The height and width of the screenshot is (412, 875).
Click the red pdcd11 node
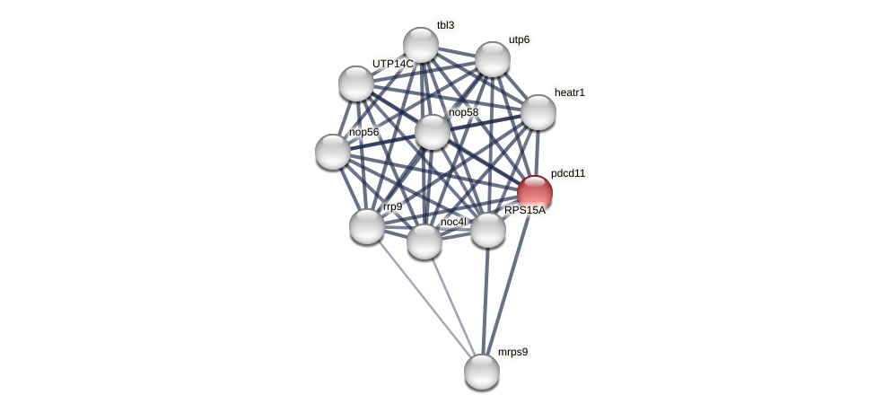(x=535, y=192)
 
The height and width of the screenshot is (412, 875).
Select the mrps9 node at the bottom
(x=482, y=371)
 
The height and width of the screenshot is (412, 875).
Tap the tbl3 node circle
(x=421, y=45)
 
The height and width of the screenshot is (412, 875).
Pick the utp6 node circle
(x=493, y=59)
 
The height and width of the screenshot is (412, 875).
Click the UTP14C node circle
(x=356, y=83)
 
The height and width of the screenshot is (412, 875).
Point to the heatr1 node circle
(x=538, y=112)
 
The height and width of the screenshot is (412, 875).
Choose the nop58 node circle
(x=433, y=132)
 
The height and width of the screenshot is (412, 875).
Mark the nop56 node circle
(x=333, y=152)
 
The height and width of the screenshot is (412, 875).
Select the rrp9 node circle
(x=367, y=226)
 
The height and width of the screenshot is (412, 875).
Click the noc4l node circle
(x=424, y=241)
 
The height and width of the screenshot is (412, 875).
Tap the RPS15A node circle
(x=488, y=230)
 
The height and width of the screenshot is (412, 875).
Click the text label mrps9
(x=512, y=352)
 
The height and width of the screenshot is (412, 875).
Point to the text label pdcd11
(x=568, y=173)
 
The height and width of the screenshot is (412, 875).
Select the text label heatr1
(x=570, y=92)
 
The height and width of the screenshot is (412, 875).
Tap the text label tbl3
(x=445, y=25)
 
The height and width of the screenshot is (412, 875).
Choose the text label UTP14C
(x=393, y=64)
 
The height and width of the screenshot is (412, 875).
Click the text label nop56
(x=364, y=132)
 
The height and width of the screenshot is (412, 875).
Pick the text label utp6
(x=519, y=39)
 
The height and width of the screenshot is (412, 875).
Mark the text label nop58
(x=464, y=112)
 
